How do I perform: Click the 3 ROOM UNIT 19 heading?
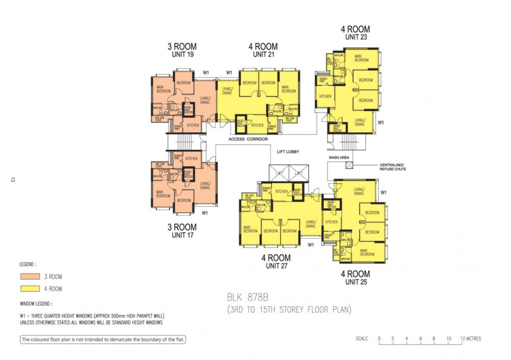[182, 50]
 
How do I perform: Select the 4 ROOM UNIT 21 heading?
[263, 50]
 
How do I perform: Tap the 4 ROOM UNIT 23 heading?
[355, 33]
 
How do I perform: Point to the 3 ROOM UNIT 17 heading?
[182, 231]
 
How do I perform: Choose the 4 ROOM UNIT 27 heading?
[276, 261]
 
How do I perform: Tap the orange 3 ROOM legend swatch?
[31, 277]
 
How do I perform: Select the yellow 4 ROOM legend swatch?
[31, 289]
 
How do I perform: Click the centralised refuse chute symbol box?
[350, 165]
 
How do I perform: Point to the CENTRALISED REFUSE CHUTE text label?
[392, 167]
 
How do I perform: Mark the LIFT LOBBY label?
[287, 152]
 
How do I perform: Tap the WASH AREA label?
[338, 157]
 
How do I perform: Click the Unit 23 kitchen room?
[325, 97]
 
